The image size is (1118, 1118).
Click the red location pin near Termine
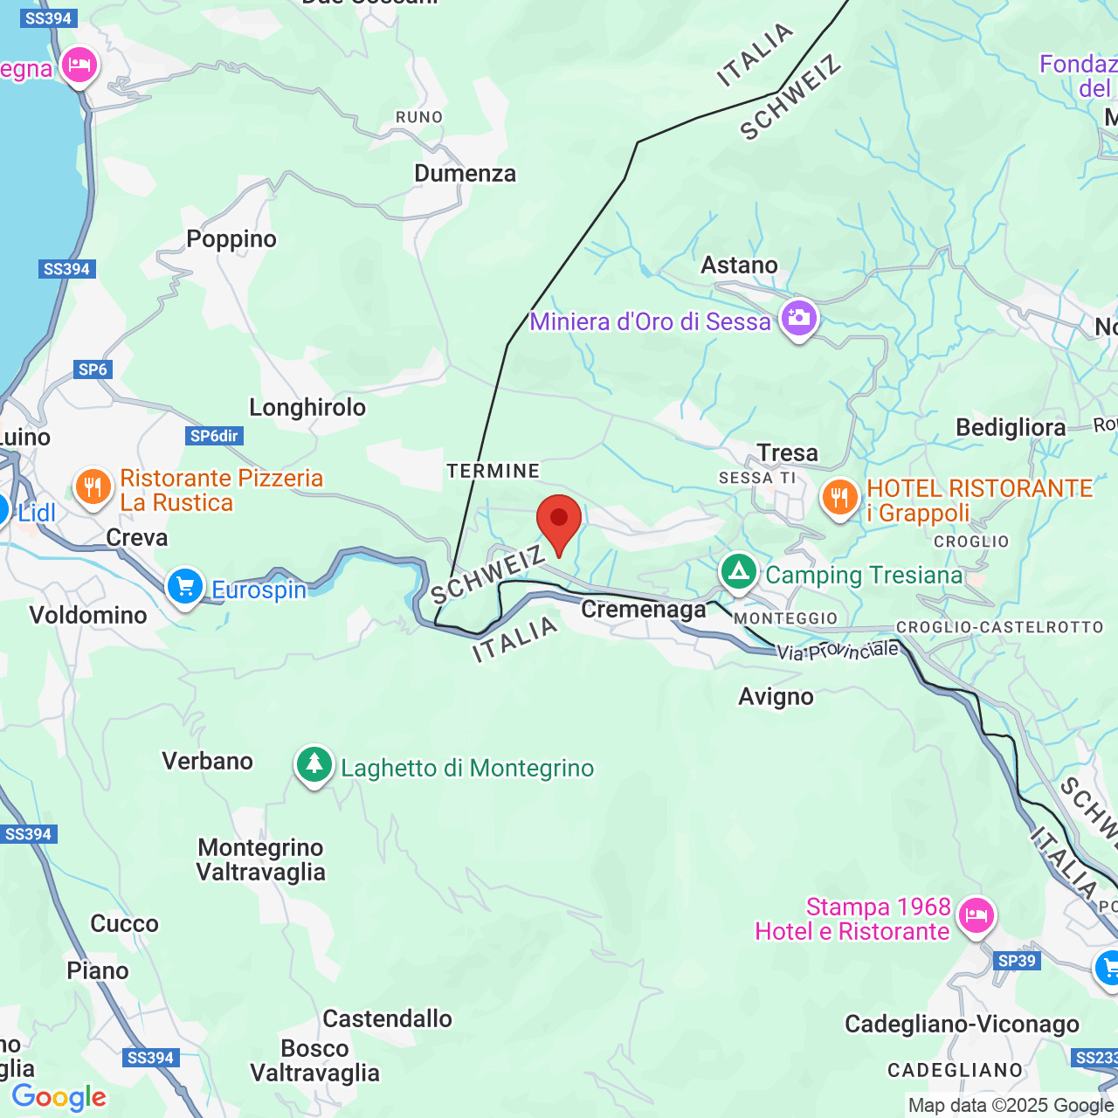[x=558, y=521]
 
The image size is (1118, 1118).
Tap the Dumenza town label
[x=465, y=174]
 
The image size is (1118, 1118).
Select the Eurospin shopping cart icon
[x=185, y=586]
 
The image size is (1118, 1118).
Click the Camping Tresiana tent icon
[x=739, y=572]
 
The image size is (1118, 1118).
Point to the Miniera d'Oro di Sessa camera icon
[x=798, y=318]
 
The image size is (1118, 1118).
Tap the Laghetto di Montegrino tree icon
[x=314, y=765]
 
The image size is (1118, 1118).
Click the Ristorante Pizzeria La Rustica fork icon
[x=93, y=487]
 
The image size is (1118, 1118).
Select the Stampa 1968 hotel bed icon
[x=976, y=915]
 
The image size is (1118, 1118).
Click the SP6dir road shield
[x=215, y=436]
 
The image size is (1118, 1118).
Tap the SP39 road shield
[x=1017, y=961]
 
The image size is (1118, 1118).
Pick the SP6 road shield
[x=93, y=369]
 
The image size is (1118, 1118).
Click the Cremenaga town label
[x=644, y=610]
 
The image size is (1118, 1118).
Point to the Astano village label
[x=739, y=266]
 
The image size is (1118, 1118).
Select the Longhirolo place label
[x=307, y=408]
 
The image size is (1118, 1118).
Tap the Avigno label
[x=776, y=697]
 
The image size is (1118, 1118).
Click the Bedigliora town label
[x=1011, y=428]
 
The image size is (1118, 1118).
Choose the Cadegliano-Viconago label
[x=962, y=1025]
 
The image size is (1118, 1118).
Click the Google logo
[x=59, y=1097]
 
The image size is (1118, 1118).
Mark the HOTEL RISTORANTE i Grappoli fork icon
[x=839, y=498]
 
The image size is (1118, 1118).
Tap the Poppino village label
[x=231, y=239]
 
